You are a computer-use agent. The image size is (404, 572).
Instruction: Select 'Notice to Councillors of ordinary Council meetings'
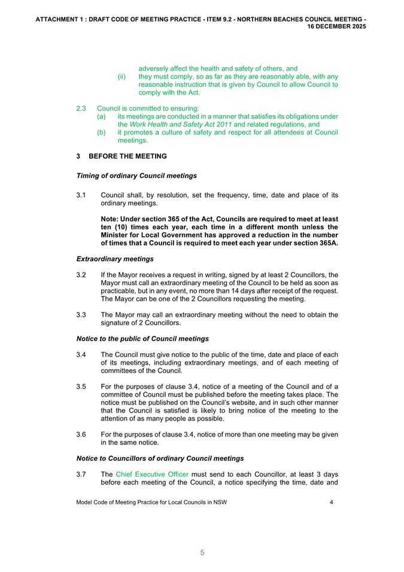point(160,458)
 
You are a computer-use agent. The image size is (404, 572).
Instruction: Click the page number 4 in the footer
point(332,503)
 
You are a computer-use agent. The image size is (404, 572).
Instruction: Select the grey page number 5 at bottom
point(202,553)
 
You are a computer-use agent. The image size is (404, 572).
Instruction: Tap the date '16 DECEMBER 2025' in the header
point(337,27)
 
